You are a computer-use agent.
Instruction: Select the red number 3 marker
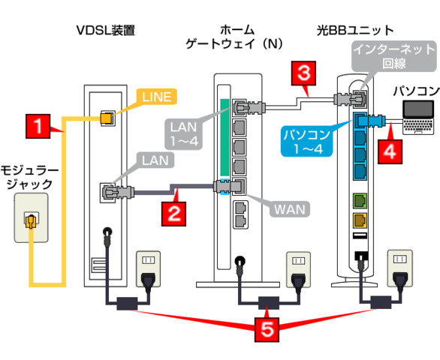tap(303, 73)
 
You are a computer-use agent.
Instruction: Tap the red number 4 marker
tap(387, 148)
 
